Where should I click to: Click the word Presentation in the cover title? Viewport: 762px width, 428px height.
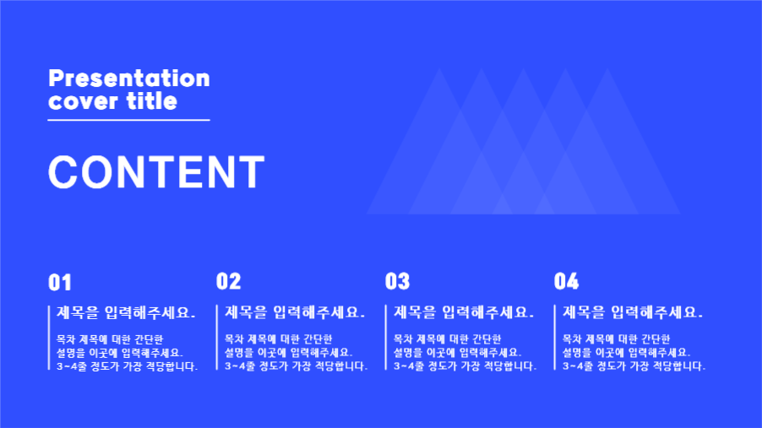(128, 79)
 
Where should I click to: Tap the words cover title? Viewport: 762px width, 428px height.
(112, 101)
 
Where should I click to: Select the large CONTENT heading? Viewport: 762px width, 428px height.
(156, 172)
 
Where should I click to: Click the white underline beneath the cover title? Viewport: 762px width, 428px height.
(128, 120)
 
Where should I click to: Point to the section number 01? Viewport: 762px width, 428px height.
(60, 282)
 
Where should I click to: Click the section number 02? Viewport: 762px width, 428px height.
(228, 282)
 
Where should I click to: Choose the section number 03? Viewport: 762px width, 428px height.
(397, 282)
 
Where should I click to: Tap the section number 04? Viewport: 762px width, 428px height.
(566, 282)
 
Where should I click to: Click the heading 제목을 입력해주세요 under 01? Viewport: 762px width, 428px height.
(126, 313)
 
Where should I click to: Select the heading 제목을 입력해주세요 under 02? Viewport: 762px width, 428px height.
(295, 313)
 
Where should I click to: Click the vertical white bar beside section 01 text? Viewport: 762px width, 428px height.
(49, 338)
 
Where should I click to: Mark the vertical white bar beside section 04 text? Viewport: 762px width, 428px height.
(555, 338)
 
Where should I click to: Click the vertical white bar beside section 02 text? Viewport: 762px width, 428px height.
(217, 338)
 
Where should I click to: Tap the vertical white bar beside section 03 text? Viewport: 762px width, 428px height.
(386, 338)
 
